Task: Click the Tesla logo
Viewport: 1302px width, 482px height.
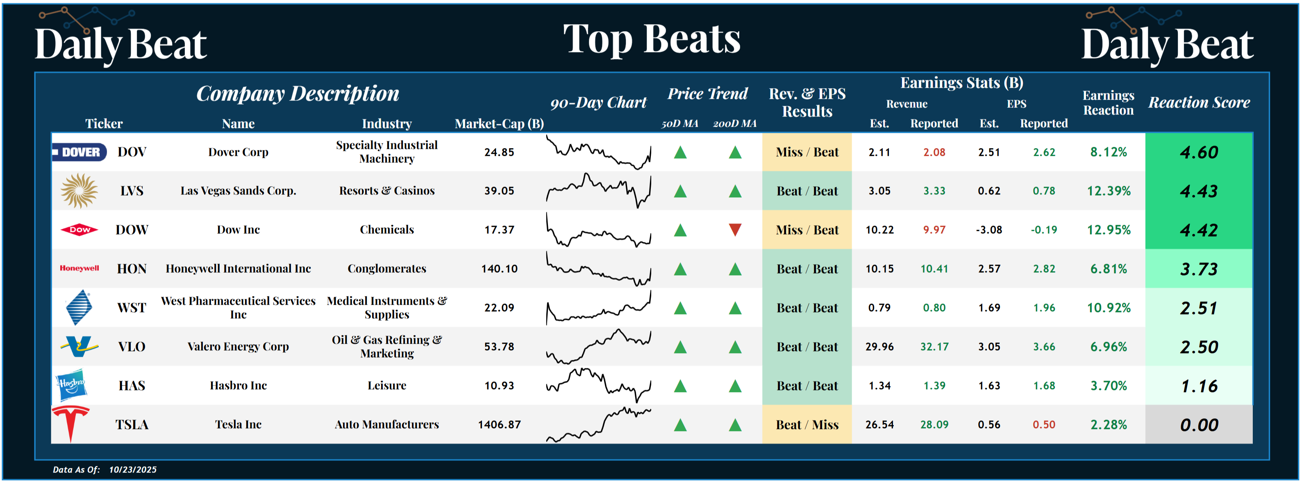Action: [x=71, y=423]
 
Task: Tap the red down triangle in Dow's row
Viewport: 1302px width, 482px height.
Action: [x=735, y=230]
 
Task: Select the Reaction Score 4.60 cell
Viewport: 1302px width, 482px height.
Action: [x=1198, y=152]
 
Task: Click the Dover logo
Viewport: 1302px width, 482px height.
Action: [x=80, y=152]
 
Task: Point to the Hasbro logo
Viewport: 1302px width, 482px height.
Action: [x=71, y=385]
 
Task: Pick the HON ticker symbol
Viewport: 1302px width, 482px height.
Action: [x=132, y=269]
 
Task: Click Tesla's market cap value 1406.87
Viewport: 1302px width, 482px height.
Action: [x=499, y=424]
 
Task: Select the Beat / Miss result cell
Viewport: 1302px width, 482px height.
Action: [x=807, y=424]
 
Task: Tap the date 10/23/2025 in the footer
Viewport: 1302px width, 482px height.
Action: [x=133, y=469]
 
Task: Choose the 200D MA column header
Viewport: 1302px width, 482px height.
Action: [x=734, y=123]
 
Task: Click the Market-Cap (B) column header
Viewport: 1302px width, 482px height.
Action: [x=499, y=123]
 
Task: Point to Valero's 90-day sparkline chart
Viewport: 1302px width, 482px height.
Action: [x=598, y=347]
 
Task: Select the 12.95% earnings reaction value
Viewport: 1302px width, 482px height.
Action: [x=1109, y=230]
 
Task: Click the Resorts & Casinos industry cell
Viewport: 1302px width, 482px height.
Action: [x=386, y=191]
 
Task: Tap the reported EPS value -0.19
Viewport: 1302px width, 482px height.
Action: [x=1044, y=230]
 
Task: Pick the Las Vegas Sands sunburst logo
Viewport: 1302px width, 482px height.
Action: [x=80, y=191]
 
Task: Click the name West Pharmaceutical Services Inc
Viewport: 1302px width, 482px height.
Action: [x=238, y=308]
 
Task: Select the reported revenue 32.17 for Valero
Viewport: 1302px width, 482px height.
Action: [x=934, y=347]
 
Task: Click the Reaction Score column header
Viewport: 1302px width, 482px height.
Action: [x=1199, y=102]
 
